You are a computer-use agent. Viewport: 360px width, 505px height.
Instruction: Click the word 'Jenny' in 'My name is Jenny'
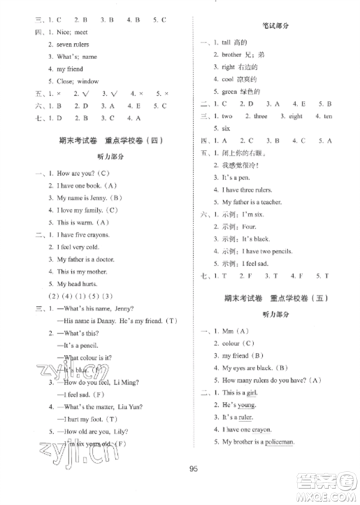click(90, 197)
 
